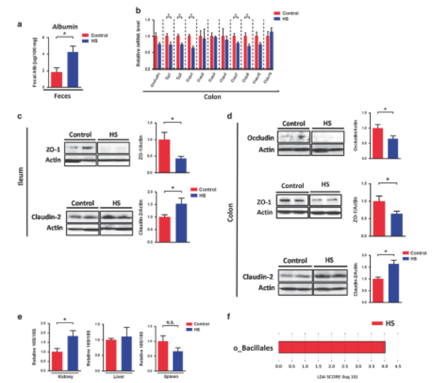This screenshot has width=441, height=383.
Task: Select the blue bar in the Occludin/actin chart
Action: [x=393, y=148]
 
